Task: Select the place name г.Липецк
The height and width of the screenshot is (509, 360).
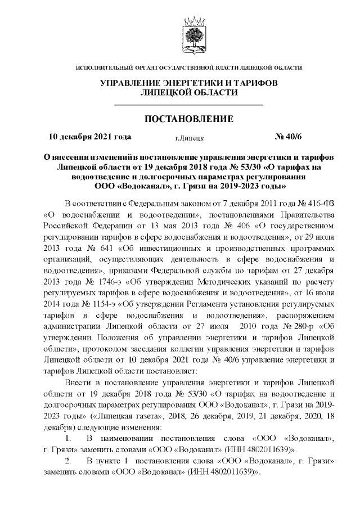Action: point(189,137)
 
